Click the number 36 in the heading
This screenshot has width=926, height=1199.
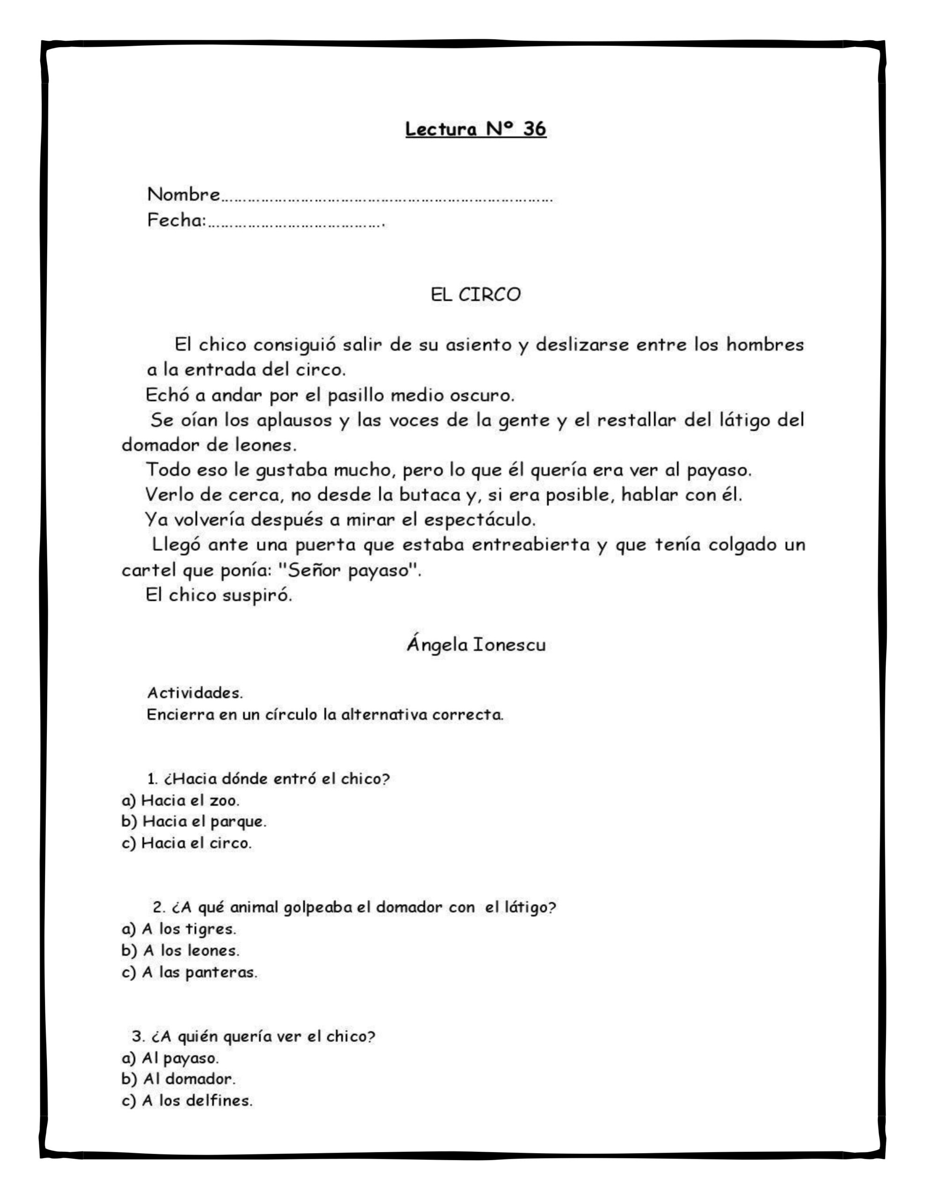(534, 129)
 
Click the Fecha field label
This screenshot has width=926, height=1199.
(176, 220)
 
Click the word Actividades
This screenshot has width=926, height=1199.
(195, 693)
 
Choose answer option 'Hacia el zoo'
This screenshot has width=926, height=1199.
(181, 800)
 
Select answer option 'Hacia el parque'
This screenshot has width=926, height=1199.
(194, 822)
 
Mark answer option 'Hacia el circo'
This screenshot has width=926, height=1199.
(187, 843)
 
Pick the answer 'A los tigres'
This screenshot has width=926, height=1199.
(179, 929)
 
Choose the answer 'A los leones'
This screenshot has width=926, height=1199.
(181, 950)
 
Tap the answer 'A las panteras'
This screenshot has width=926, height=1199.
(190, 972)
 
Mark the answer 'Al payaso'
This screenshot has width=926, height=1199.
(170, 1058)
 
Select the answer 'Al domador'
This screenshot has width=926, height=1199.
(178, 1079)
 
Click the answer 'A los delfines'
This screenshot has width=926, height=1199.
(187, 1101)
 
